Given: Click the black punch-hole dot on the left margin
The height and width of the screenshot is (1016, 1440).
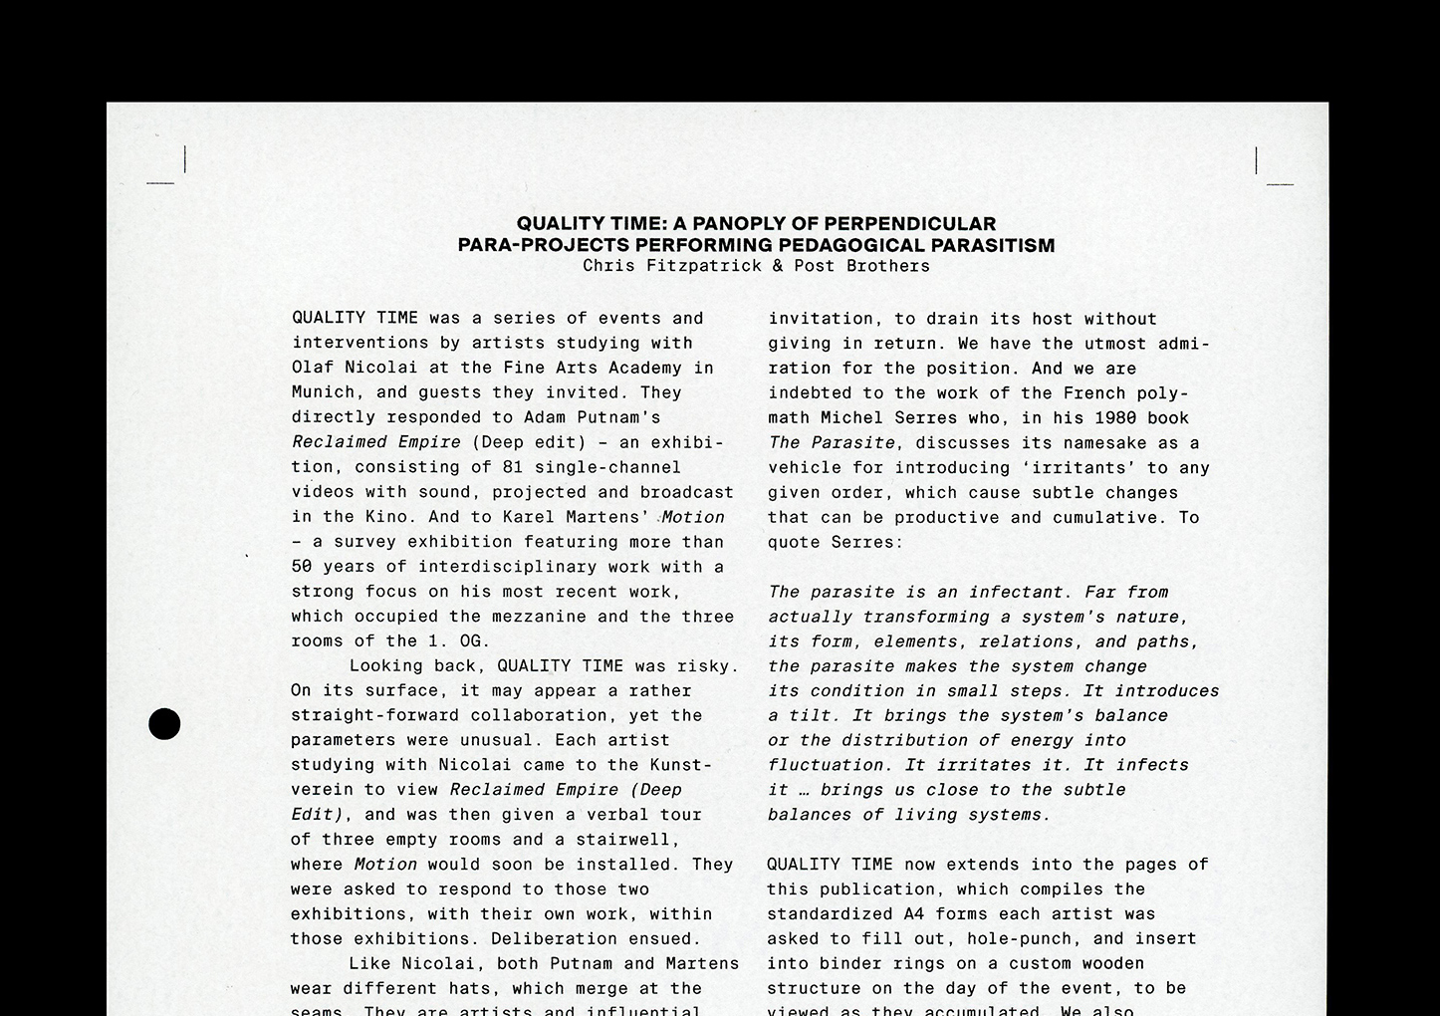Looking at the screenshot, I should (164, 724).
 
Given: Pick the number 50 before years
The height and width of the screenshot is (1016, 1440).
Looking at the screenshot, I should (302, 567).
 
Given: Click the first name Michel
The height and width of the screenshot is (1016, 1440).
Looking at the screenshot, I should (851, 418).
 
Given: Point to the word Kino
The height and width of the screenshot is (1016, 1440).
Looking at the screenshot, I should (386, 517).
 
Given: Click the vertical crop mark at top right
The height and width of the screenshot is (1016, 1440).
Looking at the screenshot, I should (1257, 159).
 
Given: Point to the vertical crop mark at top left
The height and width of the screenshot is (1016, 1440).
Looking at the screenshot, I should (185, 159).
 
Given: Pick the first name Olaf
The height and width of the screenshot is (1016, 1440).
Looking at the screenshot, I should (307, 368).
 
